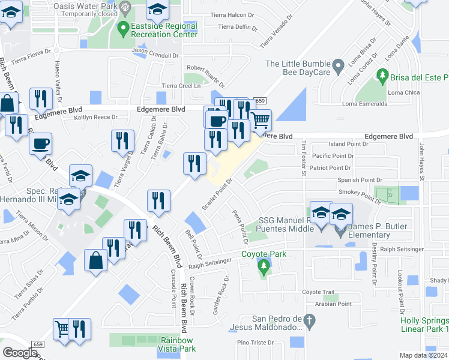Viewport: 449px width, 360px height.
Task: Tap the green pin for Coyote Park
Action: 262,265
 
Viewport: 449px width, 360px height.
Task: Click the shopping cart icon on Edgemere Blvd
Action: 260,120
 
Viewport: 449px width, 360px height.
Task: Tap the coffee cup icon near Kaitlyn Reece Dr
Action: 41,144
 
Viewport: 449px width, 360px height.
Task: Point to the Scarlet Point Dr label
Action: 217,194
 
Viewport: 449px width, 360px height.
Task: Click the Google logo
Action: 20,353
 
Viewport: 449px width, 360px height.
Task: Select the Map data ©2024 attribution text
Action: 424,355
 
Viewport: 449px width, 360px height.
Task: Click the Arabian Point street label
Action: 336,304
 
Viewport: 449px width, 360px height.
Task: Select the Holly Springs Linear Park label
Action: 424,325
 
